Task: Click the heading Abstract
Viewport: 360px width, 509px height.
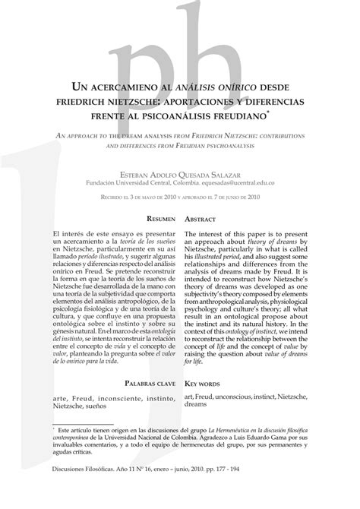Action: (207, 219)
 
